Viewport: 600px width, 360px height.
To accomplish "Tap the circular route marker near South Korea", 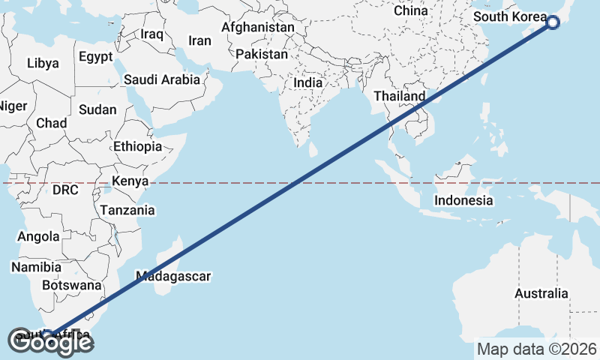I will [553, 22].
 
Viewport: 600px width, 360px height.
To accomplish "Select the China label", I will [411, 10].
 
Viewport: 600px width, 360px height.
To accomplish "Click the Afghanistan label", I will [258, 27].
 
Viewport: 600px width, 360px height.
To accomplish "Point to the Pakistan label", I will [262, 55].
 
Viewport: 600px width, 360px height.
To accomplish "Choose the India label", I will [308, 82].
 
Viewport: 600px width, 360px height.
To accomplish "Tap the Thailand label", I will [400, 96].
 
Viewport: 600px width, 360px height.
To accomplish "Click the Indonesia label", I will [464, 200].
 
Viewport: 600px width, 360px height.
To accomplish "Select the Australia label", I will [541, 293].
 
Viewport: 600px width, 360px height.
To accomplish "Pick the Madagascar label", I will [173, 276].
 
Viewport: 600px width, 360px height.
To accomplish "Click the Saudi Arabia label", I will [162, 79].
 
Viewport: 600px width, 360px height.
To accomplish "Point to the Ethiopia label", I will [137, 146].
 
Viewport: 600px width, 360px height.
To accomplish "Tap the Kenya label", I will [130, 181].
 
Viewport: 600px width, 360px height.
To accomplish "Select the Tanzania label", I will [127, 210].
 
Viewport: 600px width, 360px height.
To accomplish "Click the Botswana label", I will [71, 285].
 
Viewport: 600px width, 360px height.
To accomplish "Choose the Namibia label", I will [36, 266].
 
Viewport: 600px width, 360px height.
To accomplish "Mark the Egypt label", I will [95, 56].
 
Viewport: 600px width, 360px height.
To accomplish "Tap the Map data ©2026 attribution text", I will [537, 349].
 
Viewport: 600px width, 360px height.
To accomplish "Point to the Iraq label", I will [151, 34].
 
